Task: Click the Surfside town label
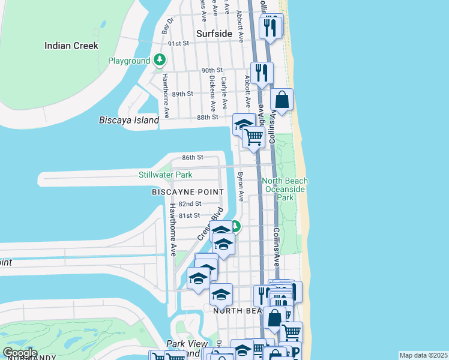(214, 34)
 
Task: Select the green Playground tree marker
(160, 60)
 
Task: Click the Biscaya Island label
(129, 120)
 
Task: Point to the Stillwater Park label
(165, 175)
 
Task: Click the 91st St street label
(178, 44)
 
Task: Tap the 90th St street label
(212, 70)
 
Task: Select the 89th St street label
(182, 94)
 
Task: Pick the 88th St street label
(206, 117)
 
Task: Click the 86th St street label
(193, 157)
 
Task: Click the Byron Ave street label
(240, 187)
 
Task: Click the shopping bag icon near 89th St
(282, 100)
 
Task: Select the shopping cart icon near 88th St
(253, 137)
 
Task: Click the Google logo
(20, 353)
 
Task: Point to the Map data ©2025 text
(423, 355)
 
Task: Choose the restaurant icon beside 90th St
(262, 73)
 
